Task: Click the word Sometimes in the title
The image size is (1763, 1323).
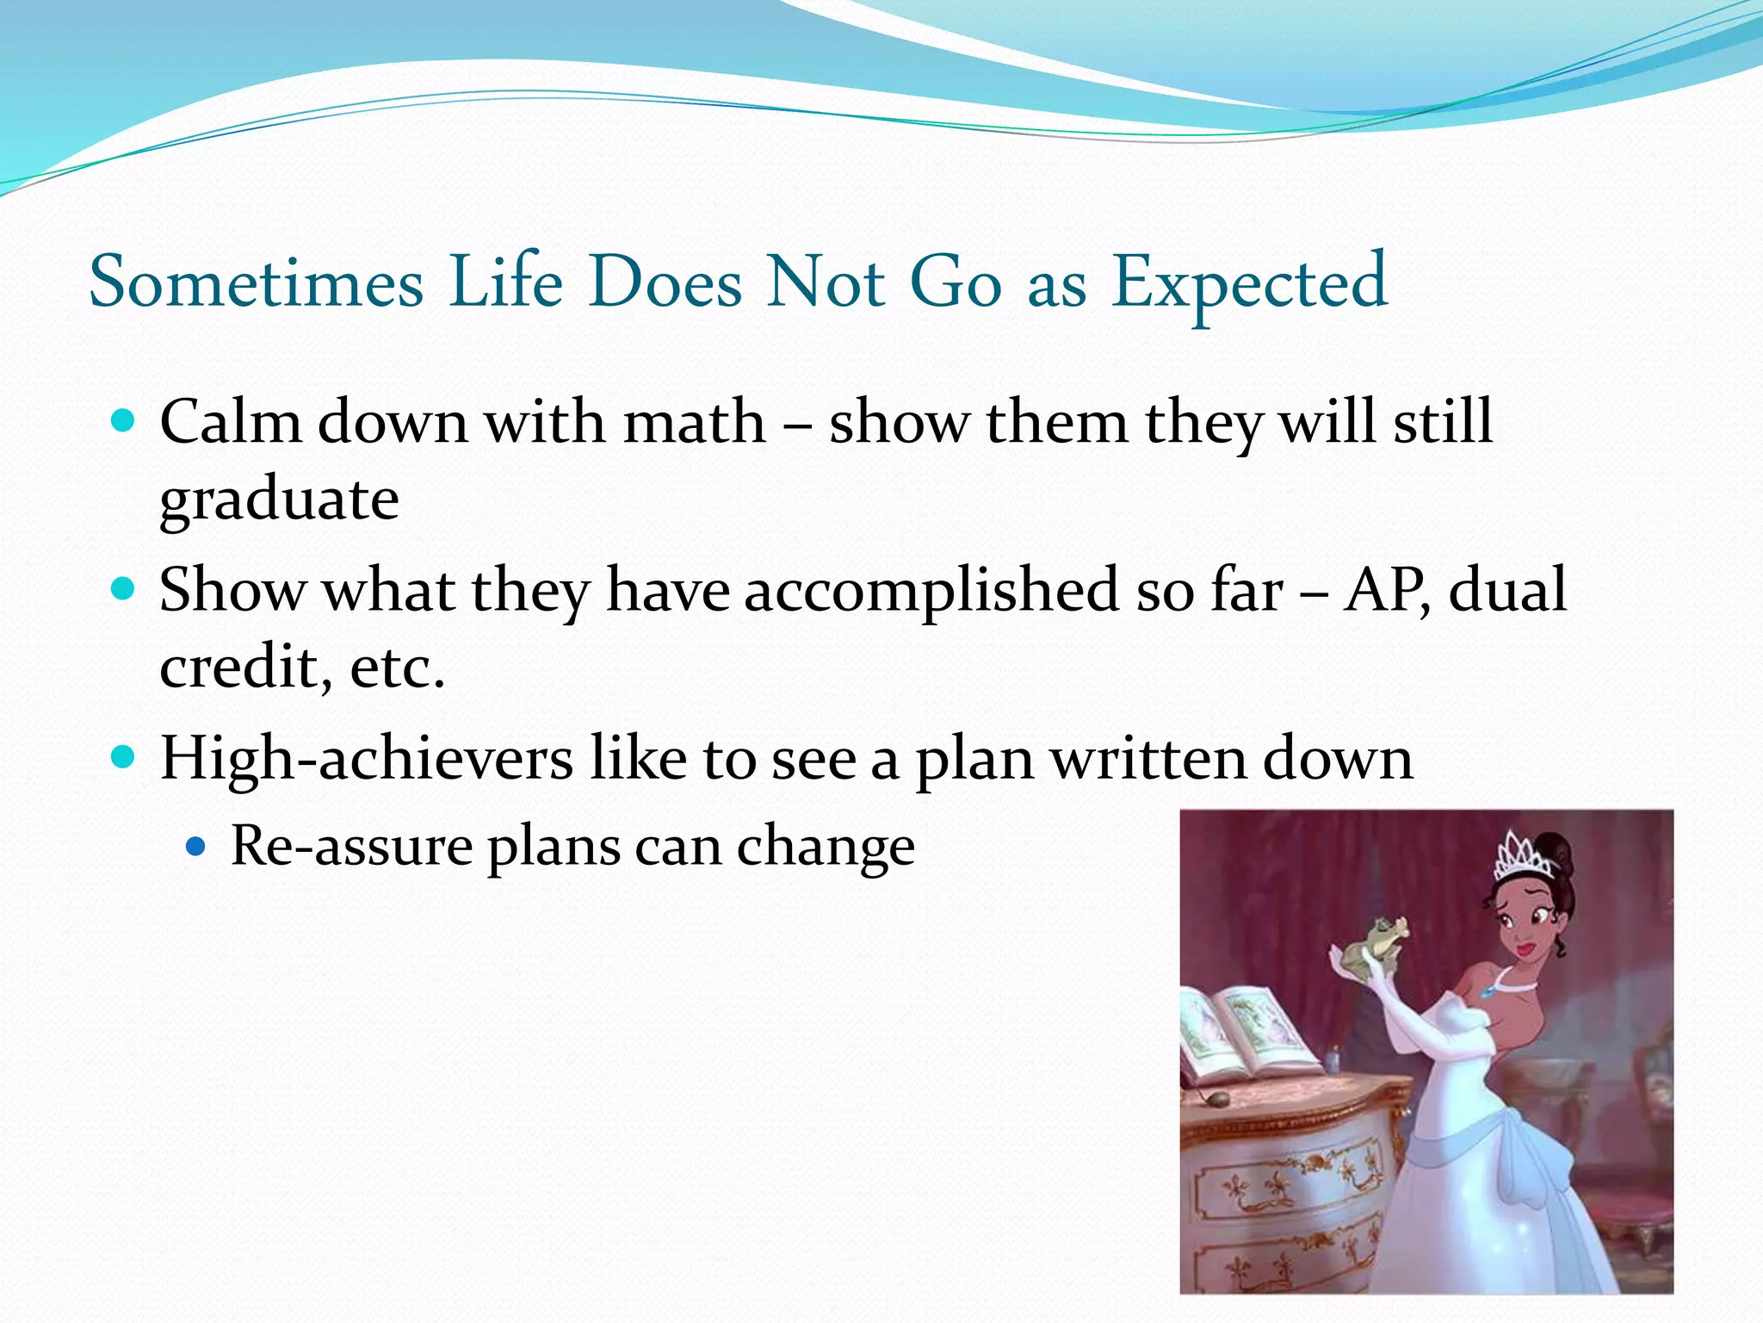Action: click(257, 283)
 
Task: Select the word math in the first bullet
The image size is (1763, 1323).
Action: click(694, 422)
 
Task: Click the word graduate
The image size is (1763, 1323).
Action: click(279, 500)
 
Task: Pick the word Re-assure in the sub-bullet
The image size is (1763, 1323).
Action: click(351, 846)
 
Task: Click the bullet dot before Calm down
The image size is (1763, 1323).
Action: click(124, 421)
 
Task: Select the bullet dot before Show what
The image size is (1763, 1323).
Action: click(124, 590)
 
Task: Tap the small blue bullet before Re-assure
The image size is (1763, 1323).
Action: click(196, 847)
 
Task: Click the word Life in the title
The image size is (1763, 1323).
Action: click(505, 283)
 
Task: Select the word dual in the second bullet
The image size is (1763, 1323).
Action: click(1507, 591)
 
